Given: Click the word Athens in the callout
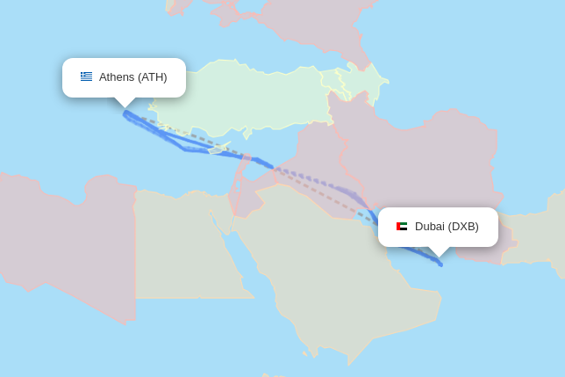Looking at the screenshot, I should tap(117, 77).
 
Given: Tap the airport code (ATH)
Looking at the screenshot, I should tap(152, 77).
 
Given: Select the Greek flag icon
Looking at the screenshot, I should tap(86, 76).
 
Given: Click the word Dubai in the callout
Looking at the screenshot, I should tap(430, 227).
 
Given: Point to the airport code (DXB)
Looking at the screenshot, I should tap(463, 227).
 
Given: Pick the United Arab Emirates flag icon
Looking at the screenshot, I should tap(402, 227).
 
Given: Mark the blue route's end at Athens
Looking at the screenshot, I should tap(125, 112).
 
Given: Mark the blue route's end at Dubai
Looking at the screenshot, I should tap(440, 264).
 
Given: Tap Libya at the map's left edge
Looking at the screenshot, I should tap(61, 237).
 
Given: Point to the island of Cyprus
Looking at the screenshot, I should tap(219, 148).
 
